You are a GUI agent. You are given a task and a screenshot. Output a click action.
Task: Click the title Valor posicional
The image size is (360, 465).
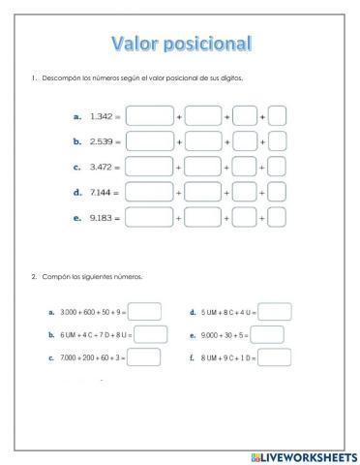coord(182,44)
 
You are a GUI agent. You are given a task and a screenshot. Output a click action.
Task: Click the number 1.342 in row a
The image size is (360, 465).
coord(101,116)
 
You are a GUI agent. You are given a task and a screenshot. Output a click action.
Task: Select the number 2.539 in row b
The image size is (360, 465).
coord(101,141)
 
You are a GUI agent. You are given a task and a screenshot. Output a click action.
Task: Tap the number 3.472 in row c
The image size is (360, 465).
coord(101,167)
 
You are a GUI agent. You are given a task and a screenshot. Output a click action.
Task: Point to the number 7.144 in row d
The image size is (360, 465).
coord(101,192)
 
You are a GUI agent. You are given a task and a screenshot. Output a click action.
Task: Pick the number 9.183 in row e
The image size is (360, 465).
coord(101,217)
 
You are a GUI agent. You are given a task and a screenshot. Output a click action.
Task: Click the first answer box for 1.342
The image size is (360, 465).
coord(149,116)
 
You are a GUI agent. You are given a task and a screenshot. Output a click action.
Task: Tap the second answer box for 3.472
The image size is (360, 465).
coord(203,167)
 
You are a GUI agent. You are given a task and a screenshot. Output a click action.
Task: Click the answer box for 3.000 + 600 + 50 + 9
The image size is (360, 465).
coord(144,312)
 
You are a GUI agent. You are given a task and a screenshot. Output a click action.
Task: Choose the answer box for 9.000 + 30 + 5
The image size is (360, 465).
coord(267,335)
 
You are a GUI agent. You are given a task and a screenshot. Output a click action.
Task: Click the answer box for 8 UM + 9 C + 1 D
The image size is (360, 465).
coord(275,357)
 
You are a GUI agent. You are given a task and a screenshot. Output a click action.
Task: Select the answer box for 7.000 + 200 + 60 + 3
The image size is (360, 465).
coord(144,357)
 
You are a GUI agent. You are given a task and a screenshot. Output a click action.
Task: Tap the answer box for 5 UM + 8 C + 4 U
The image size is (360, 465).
coord(275,312)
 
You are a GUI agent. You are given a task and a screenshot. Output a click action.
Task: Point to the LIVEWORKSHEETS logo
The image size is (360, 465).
coord(304,455)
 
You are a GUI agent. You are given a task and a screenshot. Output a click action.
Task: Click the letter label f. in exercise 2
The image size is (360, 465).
coord(193,357)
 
